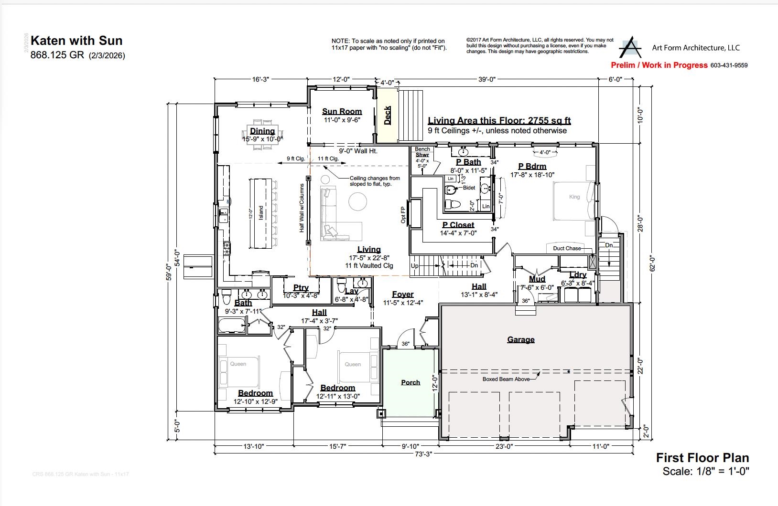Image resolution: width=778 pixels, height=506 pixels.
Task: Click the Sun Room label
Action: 342,112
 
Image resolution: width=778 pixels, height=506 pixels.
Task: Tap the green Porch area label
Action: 411,382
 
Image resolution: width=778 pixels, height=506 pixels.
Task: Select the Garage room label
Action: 520,340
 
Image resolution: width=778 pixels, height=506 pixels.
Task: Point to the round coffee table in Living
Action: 358,201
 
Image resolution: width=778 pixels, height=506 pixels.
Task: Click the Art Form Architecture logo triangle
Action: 630,48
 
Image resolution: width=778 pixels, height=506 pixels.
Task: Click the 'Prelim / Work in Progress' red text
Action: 659,65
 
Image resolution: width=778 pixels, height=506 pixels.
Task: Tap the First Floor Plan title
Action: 702,458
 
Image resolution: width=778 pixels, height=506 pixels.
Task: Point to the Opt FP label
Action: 403,215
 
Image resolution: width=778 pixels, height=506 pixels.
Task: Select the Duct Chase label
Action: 567,248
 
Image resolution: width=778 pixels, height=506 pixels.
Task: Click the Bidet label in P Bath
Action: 469,188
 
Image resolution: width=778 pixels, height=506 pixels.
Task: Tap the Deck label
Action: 388,116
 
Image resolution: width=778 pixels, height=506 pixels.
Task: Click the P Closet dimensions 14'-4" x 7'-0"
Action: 458,233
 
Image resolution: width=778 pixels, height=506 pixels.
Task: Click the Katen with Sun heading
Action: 76,41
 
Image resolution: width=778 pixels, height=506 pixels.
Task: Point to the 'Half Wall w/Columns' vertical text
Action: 302,208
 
